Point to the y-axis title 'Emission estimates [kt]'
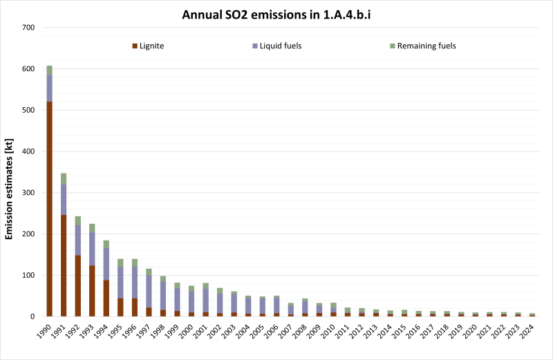click(10, 172)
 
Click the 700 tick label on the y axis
click(28, 28)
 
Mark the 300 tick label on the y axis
click(28, 193)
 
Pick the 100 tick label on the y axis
click(28, 276)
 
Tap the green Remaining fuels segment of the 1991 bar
click(64, 178)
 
